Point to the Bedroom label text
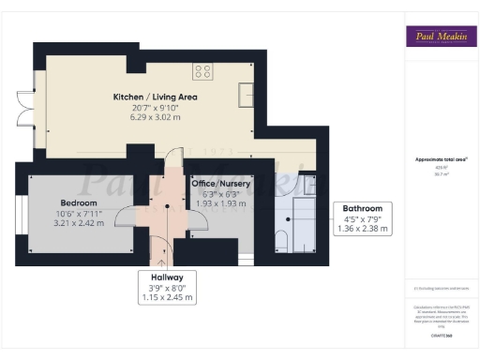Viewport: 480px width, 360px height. tap(79, 202)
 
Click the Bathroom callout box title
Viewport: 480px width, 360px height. tap(361, 208)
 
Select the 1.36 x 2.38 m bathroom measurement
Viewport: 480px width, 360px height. tap(361, 228)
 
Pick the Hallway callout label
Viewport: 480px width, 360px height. tap(167, 277)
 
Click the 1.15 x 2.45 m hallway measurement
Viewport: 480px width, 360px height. tap(167, 297)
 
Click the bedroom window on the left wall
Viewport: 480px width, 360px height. tap(18, 213)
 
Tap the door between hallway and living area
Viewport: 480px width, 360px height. tap(170, 164)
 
